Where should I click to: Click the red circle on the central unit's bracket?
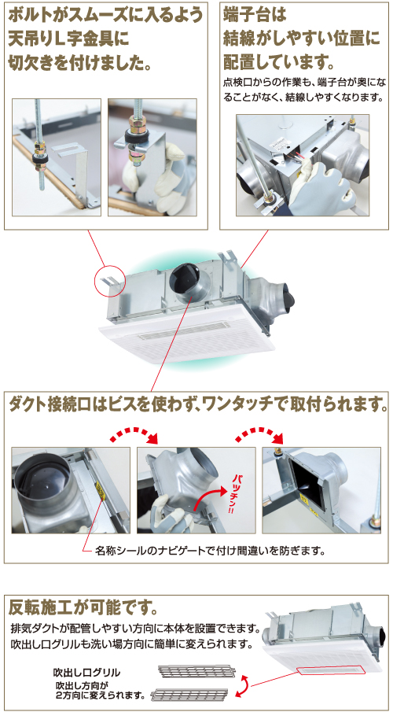(109, 278)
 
